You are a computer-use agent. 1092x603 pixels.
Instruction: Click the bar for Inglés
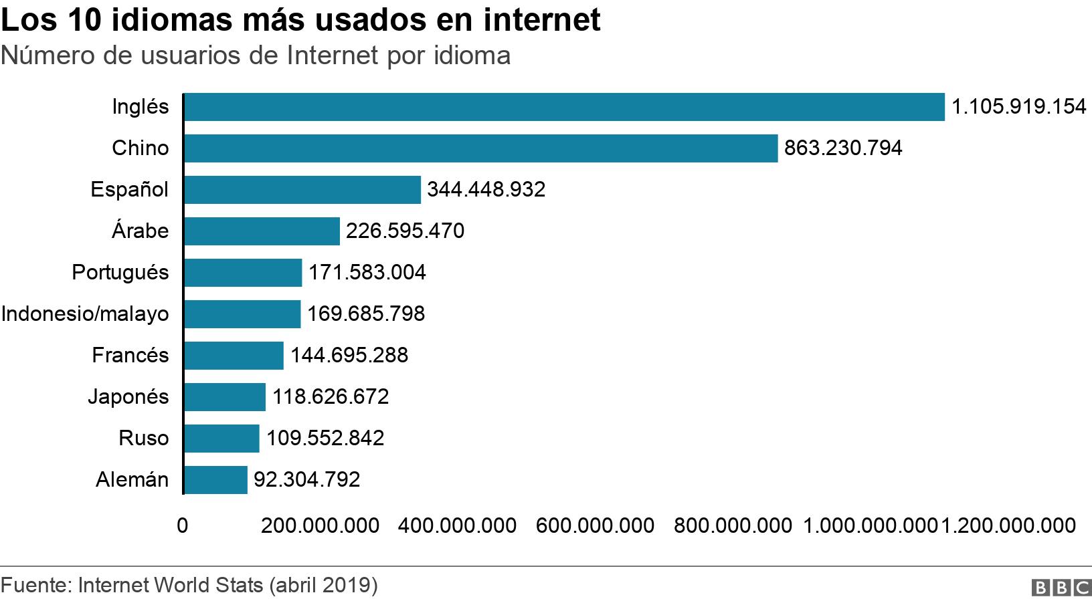(564, 107)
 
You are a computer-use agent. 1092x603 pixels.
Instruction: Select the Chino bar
(480, 148)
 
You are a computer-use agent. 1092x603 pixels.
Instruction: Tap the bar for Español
(302, 189)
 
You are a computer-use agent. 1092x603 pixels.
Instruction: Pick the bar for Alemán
(215, 479)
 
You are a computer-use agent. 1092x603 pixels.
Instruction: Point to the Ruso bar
(221, 438)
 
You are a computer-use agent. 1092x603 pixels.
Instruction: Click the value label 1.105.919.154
(1018, 107)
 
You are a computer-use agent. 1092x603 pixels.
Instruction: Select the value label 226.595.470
(405, 231)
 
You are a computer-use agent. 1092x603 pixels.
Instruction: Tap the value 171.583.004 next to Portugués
(367, 272)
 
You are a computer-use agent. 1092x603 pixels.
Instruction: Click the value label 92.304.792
(306, 479)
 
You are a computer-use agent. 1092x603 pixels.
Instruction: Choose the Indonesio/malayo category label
(85, 314)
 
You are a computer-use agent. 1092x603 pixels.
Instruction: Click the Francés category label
(130, 355)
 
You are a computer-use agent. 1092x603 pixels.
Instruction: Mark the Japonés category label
(128, 396)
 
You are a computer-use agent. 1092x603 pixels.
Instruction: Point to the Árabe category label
(140, 231)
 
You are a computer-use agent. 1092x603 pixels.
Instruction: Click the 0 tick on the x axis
(182, 525)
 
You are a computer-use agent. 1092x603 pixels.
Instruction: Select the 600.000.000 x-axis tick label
(595, 525)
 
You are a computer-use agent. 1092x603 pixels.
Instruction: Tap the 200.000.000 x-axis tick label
(320, 525)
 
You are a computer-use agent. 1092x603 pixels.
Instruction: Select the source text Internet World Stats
(171, 585)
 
